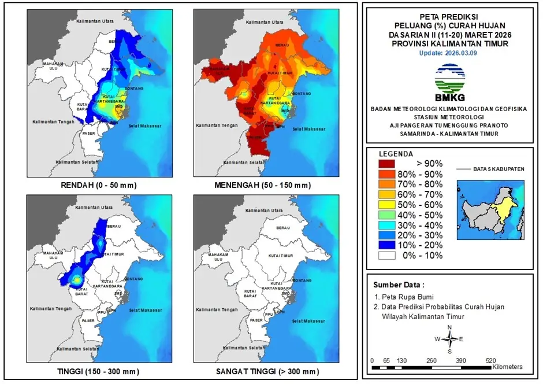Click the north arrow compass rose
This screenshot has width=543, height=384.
[x=449, y=339]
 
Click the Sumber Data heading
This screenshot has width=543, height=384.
[x=398, y=285]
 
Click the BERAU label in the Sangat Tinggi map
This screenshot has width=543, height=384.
[x=283, y=228]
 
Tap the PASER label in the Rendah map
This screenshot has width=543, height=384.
[x=88, y=134]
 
